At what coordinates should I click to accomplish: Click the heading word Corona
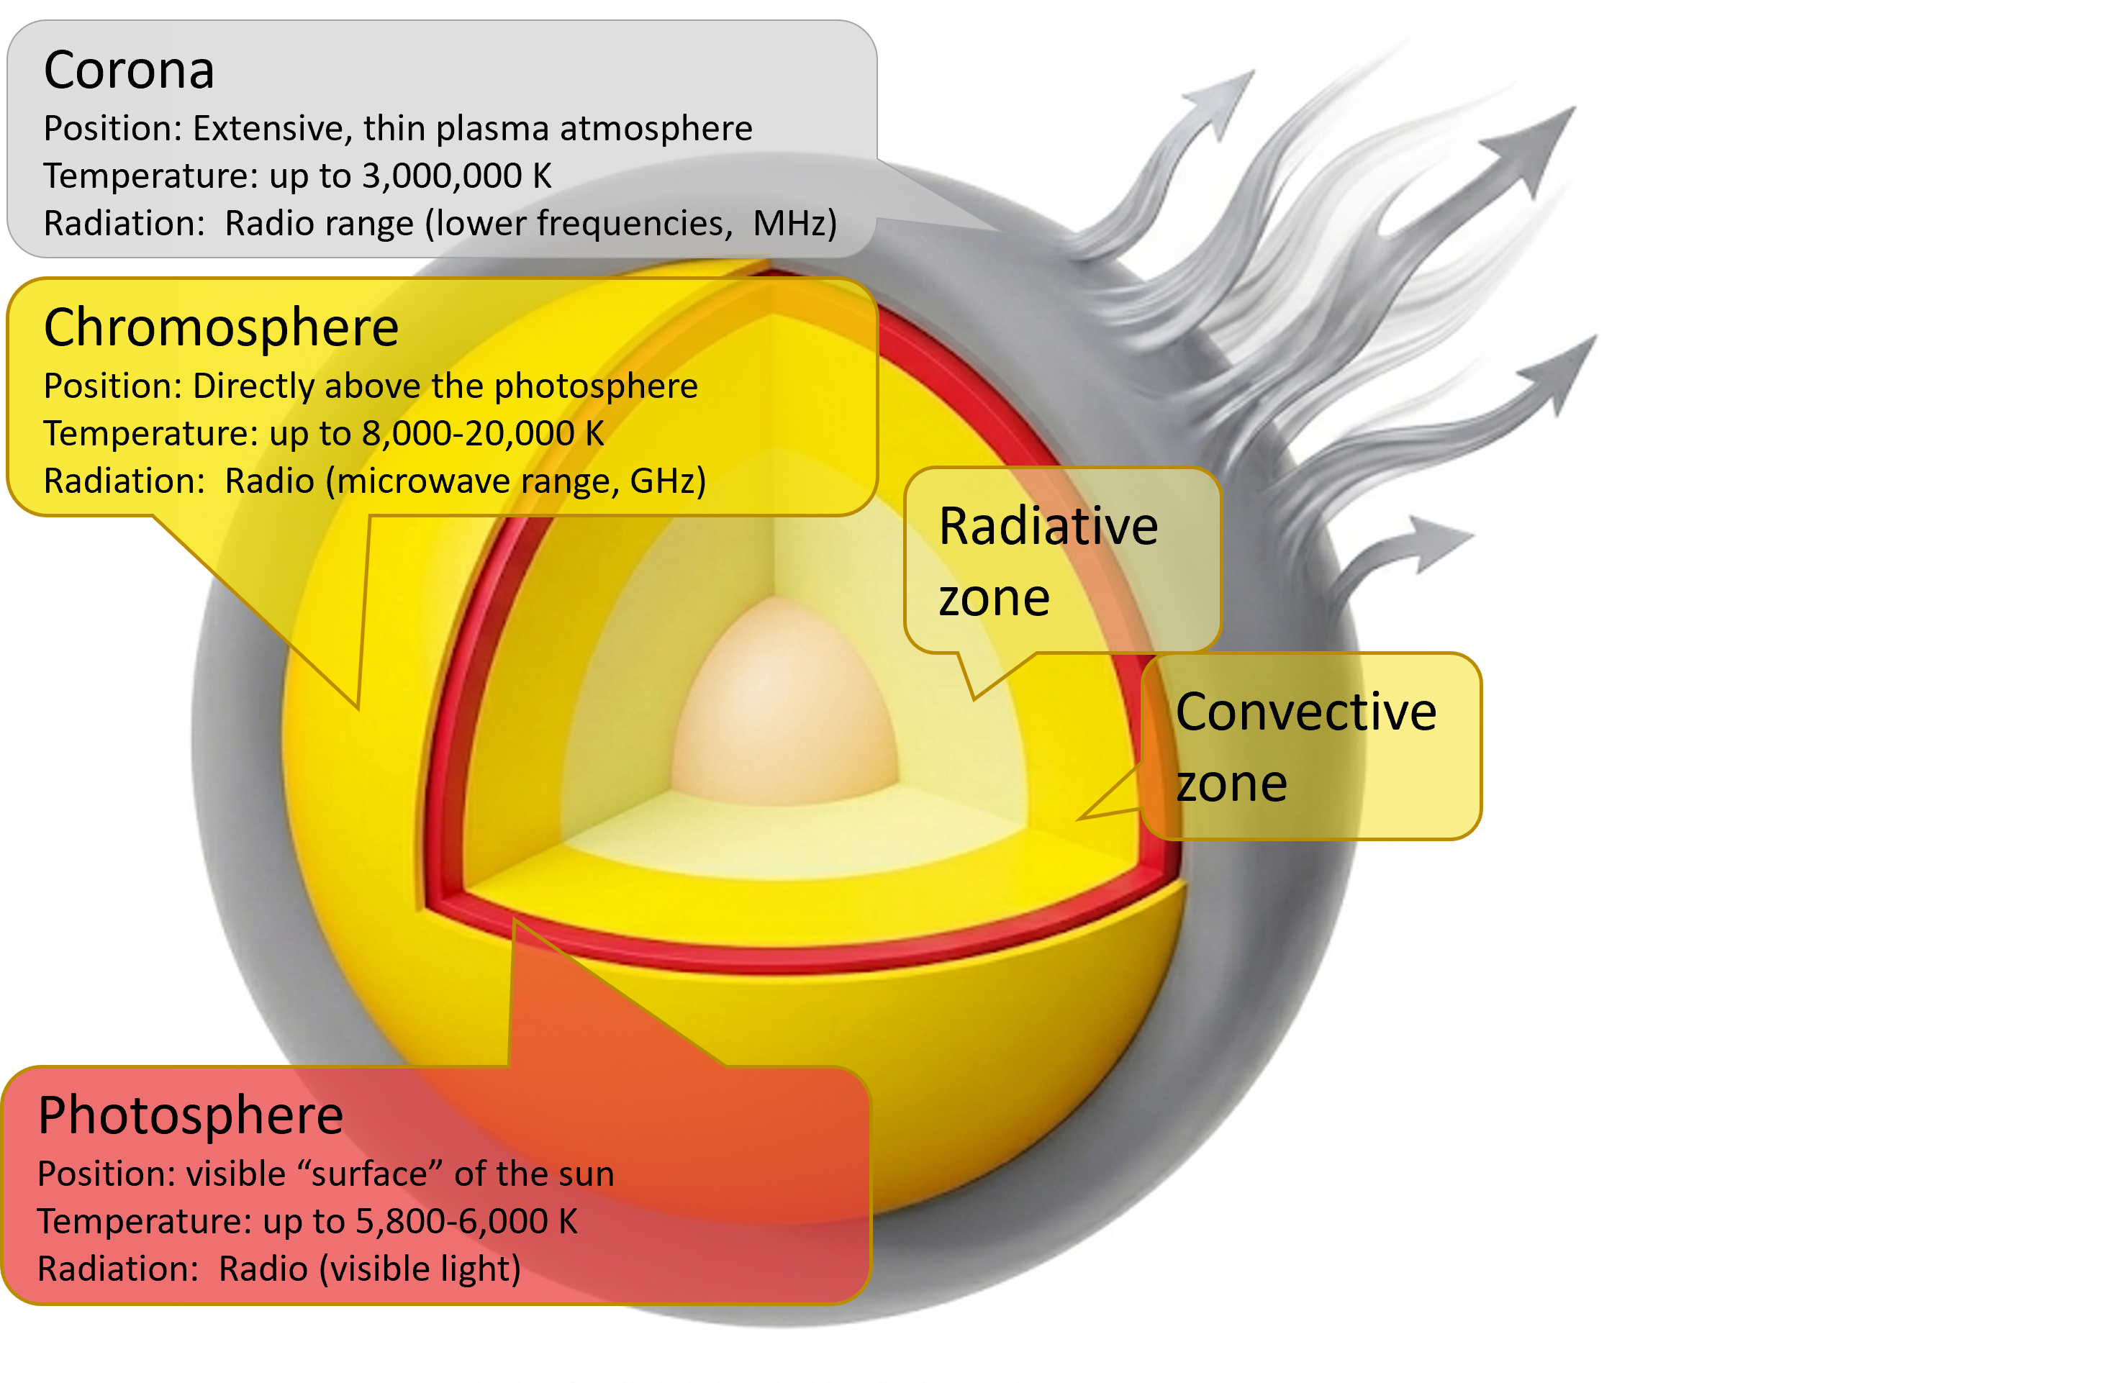point(129,71)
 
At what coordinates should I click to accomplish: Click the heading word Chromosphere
point(221,327)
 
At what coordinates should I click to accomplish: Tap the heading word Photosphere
point(190,1115)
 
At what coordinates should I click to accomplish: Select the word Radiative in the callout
point(1049,526)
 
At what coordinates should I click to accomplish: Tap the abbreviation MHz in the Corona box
point(794,223)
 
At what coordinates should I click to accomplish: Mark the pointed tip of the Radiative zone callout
point(974,699)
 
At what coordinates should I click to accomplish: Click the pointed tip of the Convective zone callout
point(1079,817)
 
